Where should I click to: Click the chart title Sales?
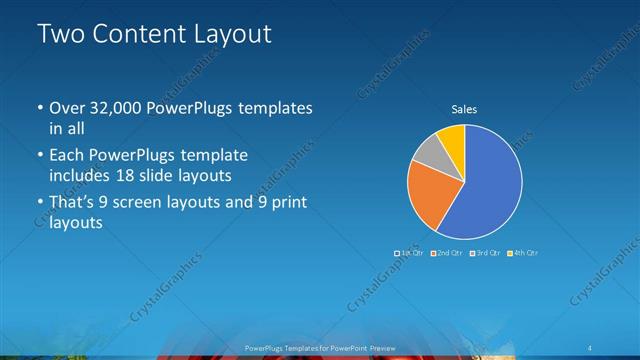coord(464,109)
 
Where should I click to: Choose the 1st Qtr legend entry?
coord(412,253)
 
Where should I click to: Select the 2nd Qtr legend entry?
coord(449,253)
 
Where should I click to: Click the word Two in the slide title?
coord(62,34)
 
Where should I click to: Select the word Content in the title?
coord(137,34)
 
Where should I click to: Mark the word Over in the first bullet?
coord(68,108)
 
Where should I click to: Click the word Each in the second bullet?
coord(67,155)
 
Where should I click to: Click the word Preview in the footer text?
coord(381,347)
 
